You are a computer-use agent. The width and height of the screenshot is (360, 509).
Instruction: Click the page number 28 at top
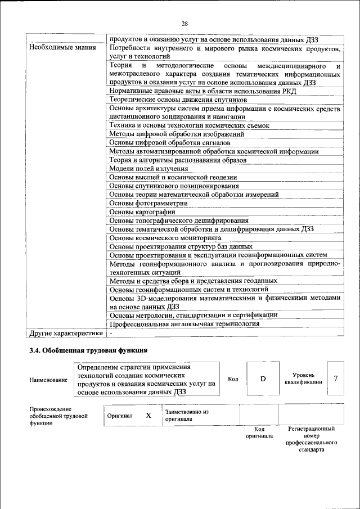click(184, 23)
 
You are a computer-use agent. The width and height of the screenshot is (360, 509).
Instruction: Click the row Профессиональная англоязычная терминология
click(184, 324)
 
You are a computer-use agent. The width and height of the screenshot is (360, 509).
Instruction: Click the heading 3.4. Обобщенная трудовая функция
click(88, 351)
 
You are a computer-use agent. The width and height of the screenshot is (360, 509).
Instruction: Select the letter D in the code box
click(263, 379)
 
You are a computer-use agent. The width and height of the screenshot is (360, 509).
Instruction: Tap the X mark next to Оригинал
click(148, 416)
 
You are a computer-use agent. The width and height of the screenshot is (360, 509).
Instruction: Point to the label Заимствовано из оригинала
click(186, 415)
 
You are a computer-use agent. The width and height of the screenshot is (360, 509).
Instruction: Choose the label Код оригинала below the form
click(259, 433)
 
